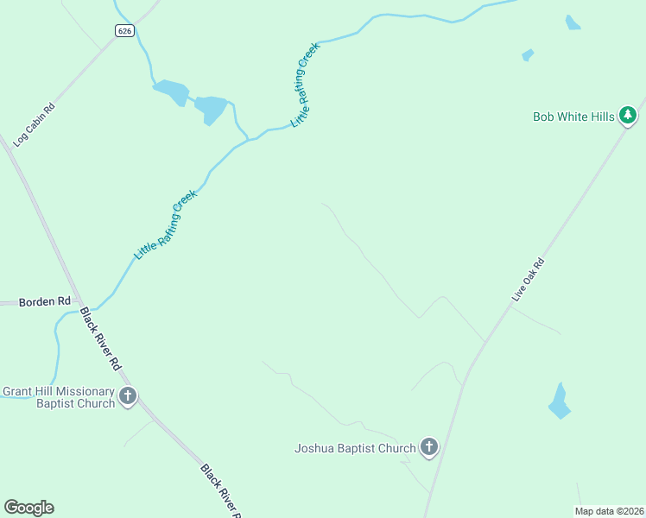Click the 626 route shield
click(x=126, y=31)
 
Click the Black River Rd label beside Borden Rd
click(x=100, y=339)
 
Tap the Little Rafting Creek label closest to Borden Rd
click(x=166, y=225)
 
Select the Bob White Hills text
click(x=573, y=116)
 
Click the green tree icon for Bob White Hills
click(x=629, y=115)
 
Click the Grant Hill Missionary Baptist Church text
click(x=59, y=397)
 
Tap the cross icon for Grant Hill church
click(x=128, y=397)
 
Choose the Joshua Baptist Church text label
click(x=355, y=448)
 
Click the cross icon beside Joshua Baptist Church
click(x=428, y=447)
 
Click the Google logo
click(x=28, y=508)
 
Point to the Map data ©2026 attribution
click(x=609, y=511)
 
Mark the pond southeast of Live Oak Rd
click(x=560, y=402)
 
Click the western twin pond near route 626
click(x=172, y=91)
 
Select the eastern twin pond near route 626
click(x=210, y=110)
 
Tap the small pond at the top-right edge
click(x=573, y=22)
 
